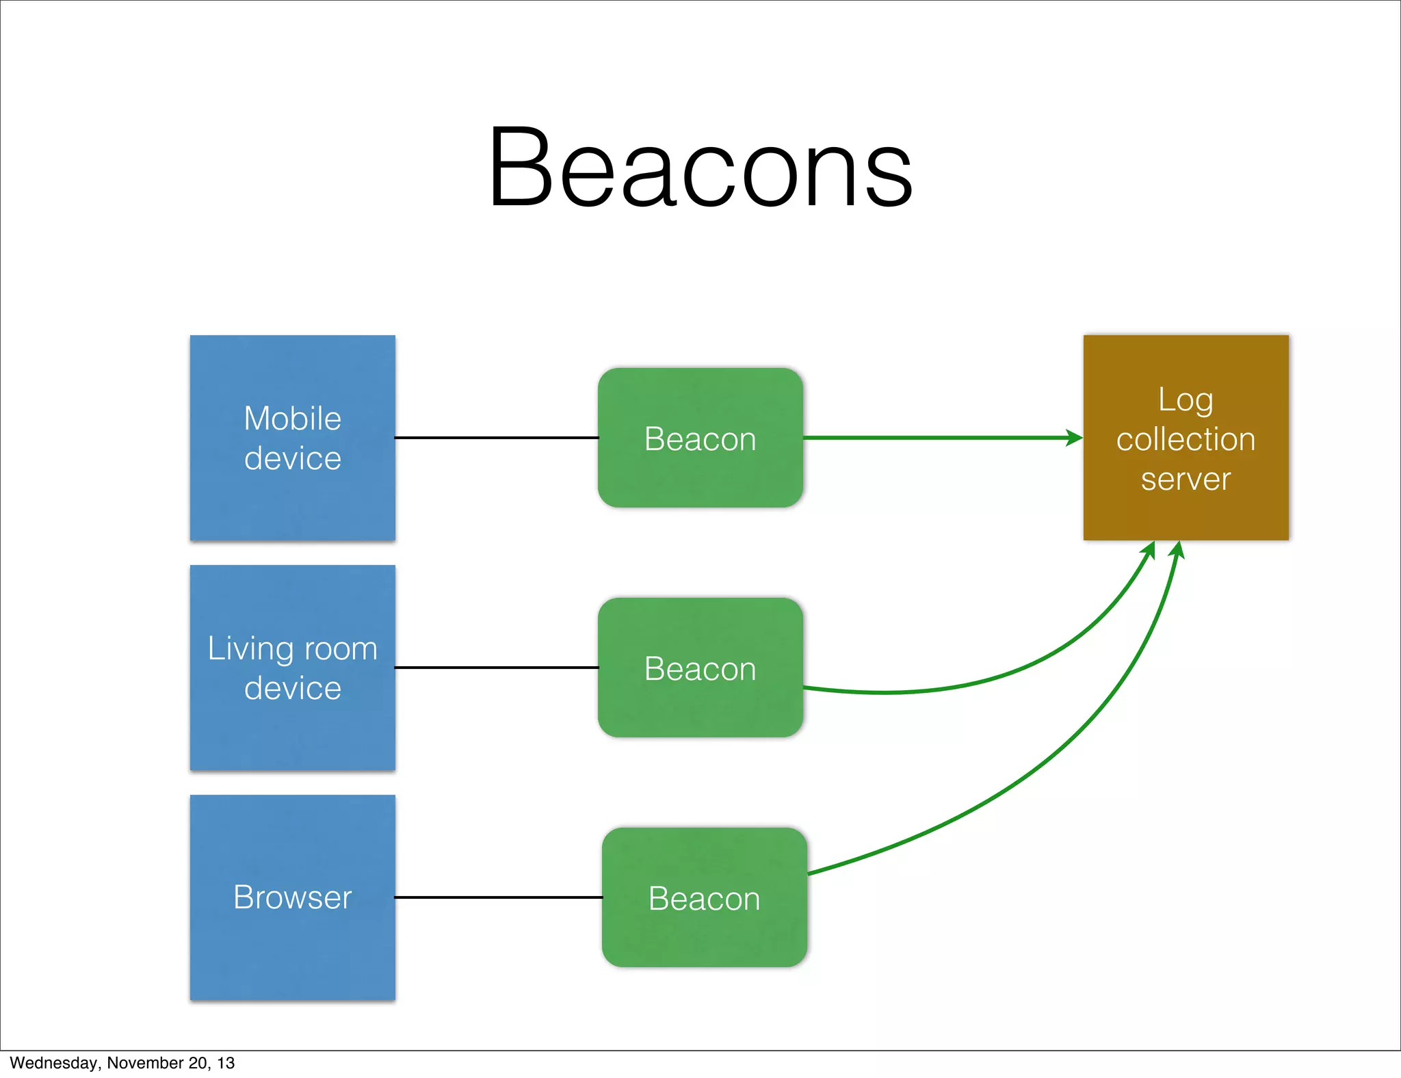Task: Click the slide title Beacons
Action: [x=700, y=168]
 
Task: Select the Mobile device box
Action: [x=292, y=438]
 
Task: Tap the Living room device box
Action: [x=292, y=668]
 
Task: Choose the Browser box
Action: [x=292, y=897]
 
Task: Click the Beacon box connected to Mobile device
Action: [x=700, y=438]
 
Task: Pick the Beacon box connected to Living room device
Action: [x=700, y=668]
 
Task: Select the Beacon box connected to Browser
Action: [x=704, y=897]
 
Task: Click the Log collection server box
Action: [x=1186, y=438]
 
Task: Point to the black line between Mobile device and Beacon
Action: [x=497, y=438]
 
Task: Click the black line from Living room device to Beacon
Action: [x=497, y=668]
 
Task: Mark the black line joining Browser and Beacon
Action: [x=498, y=897]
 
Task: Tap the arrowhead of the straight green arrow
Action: [x=1075, y=438]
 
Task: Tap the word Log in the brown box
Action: [x=1186, y=400]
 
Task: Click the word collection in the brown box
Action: [x=1186, y=439]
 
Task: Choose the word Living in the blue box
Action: [x=250, y=649]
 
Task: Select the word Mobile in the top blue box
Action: [x=292, y=419]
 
